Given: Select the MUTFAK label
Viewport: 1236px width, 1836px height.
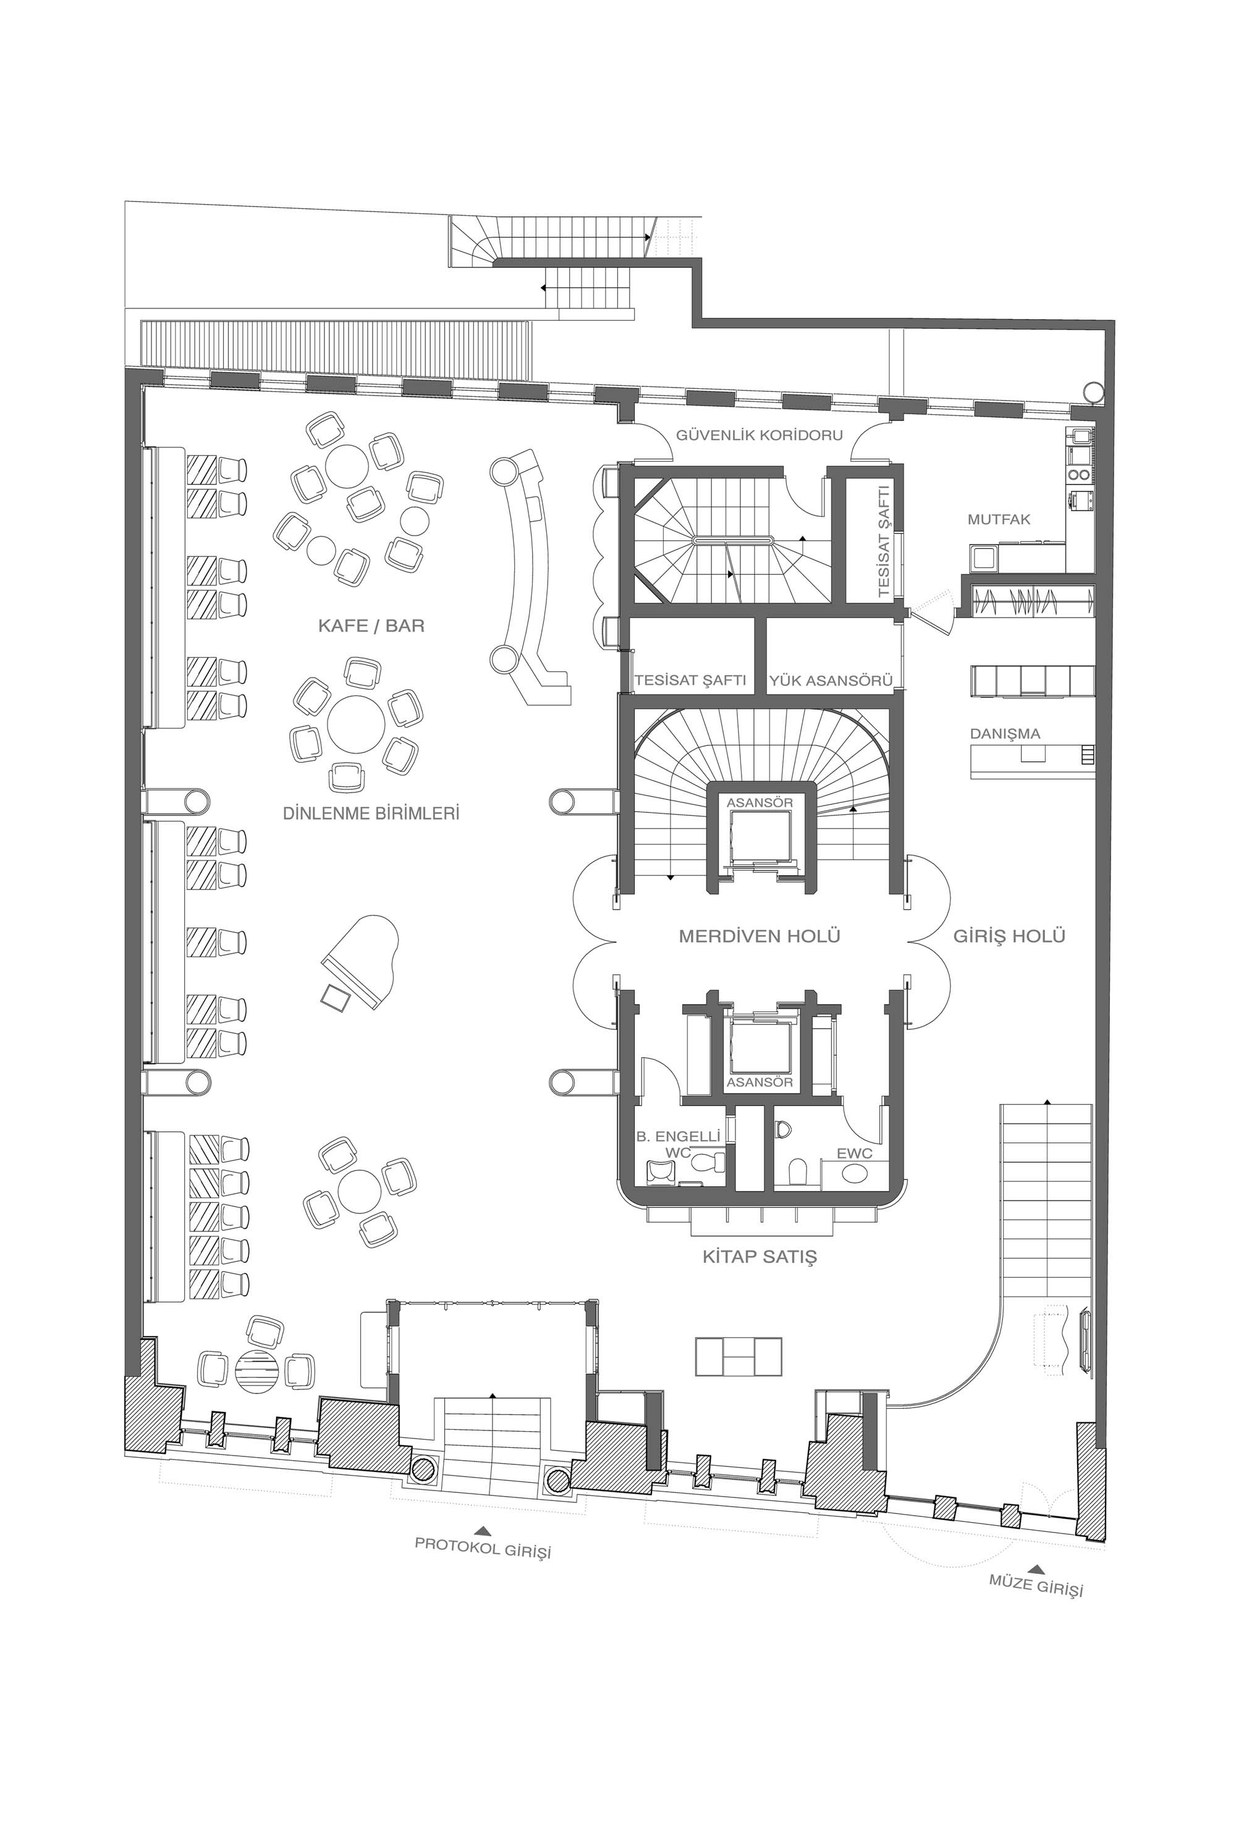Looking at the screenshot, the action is click(999, 519).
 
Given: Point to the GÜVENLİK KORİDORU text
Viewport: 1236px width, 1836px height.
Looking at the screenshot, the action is click(759, 435).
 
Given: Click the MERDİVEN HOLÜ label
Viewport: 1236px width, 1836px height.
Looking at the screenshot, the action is click(759, 936).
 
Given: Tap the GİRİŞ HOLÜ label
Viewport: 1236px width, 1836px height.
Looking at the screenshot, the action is click(1009, 936).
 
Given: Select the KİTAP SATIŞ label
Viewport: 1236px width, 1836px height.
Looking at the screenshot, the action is click(759, 1256).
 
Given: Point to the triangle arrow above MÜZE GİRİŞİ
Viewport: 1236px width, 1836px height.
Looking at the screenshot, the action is click(1038, 1568).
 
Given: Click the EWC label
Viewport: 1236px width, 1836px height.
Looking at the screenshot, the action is click(855, 1154).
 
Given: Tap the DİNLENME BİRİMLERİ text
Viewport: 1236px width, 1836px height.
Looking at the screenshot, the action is click(370, 813).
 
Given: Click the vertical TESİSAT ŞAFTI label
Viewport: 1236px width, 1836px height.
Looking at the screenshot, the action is click(883, 541).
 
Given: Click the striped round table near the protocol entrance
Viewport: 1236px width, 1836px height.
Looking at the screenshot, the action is click(258, 1371).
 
